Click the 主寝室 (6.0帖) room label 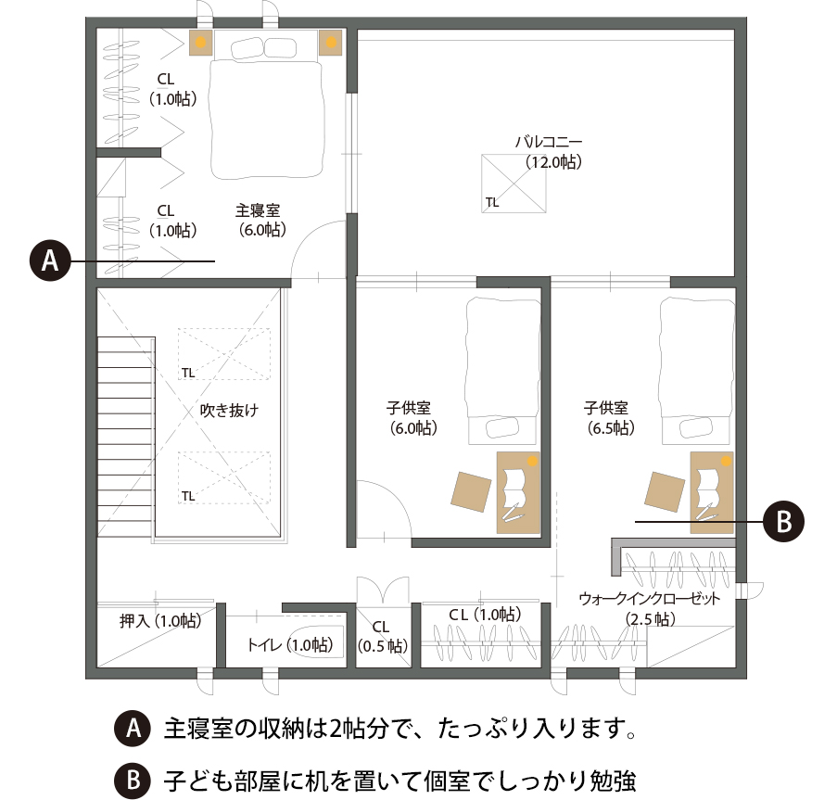pos(261,220)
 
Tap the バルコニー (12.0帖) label pos(550,152)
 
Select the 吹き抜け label pos(229,410)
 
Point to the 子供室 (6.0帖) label pos(411,418)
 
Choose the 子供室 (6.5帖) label pos(609,418)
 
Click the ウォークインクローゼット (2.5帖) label pos(650,608)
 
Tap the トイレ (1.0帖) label pos(290,645)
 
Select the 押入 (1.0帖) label pos(160,621)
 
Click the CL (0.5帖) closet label pos(382,636)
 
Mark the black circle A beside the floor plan pos(50,261)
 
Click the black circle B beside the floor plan pos(783,521)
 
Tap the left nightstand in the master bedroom pos(201,42)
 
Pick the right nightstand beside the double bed pos(331,42)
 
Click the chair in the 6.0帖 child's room pos(471,491)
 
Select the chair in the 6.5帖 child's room pos(665,491)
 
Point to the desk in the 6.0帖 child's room pos(518,492)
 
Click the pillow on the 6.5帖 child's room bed pos(695,428)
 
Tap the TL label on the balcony pos(492,202)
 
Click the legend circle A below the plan pos(133,728)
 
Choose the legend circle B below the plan pos(133,781)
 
